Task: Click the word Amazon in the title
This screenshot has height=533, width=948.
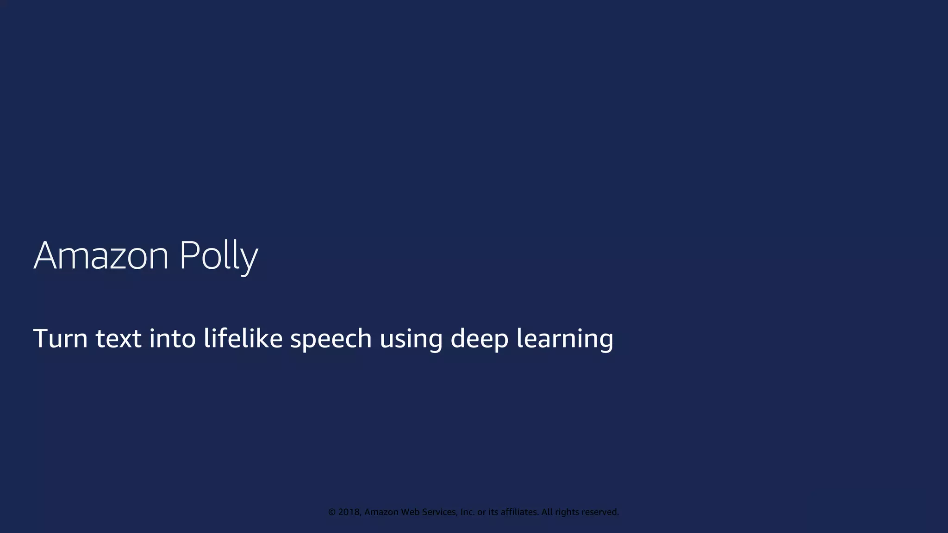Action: click(x=101, y=255)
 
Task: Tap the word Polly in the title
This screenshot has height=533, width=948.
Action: click(x=218, y=255)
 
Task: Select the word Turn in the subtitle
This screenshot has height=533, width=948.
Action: click(x=60, y=338)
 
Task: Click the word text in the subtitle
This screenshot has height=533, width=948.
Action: click(x=118, y=338)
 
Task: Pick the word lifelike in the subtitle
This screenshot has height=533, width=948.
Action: click(x=243, y=338)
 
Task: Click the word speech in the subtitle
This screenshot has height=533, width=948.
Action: click(x=331, y=339)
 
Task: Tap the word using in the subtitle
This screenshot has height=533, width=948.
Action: click(x=411, y=339)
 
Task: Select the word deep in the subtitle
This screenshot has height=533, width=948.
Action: click(x=480, y=339)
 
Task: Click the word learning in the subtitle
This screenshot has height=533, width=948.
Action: click(x=565, y=339)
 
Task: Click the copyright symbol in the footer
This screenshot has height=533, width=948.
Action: click(x=332, y=512)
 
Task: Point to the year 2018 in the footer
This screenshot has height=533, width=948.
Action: click(x=349, y=512)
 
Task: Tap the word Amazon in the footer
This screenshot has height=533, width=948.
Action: click(x=381, y=512)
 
